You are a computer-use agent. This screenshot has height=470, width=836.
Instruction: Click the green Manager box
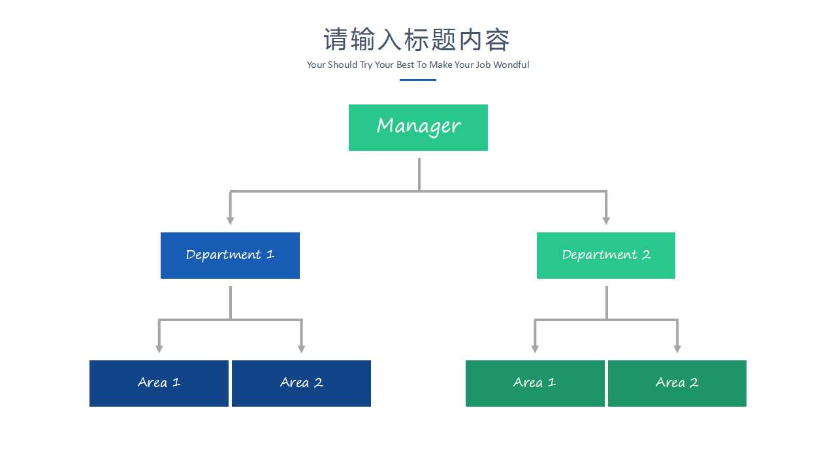tap(418, 127)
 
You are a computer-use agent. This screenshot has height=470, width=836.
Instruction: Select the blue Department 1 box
tap(230, 255)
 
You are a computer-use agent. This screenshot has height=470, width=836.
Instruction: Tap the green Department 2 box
tap(605, 255)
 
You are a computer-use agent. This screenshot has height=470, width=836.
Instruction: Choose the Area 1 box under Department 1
tap(159, 383)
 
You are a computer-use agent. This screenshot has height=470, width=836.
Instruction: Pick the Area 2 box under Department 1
tap(301, 383)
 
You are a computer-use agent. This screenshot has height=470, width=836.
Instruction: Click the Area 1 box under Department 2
tap(535, 383)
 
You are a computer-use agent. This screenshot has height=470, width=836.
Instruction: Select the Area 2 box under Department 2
tap(677, 383)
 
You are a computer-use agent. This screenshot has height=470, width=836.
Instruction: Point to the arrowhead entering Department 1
tap(230, 221)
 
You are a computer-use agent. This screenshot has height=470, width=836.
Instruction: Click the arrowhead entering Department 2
tap(606, 221)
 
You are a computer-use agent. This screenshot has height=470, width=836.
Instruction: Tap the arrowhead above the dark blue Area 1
tap(159, 349)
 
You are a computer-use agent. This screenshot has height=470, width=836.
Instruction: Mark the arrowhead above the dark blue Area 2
tap(301, 349)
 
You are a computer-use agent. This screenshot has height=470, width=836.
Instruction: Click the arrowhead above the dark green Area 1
tap(535, 349)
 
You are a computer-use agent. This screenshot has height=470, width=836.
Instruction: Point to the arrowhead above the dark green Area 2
tap(677, 349)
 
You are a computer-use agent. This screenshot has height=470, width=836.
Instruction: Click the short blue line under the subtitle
tap(418, 80)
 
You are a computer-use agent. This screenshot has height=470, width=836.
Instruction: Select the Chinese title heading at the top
tap(417, 40)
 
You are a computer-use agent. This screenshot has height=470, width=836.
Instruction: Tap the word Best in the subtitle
tap(406, 65)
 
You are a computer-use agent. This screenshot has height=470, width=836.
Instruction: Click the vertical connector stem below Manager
tap(419, 174)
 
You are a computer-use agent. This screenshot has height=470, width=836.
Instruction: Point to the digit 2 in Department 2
tap(646, 255)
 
